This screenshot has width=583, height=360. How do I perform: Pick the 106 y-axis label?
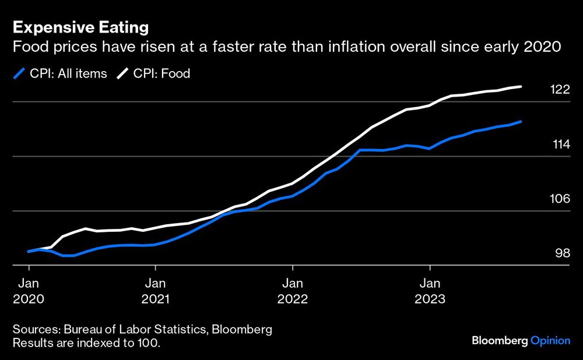point(560,199)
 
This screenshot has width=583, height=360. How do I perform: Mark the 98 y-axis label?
point(561,253)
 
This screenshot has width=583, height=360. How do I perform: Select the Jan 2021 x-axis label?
point(155,291)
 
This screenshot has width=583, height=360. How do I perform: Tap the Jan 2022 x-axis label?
point(293,291)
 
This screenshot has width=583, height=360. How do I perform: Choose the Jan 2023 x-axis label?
point(430,291)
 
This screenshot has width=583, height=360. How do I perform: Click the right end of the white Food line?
point(521,87)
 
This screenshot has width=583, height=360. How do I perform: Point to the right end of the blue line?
point(521,122)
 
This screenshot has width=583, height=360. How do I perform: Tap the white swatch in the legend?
point(124,73)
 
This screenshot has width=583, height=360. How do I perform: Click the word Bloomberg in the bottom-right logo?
point(499,341)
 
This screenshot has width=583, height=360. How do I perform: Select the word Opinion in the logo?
point(550,341)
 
